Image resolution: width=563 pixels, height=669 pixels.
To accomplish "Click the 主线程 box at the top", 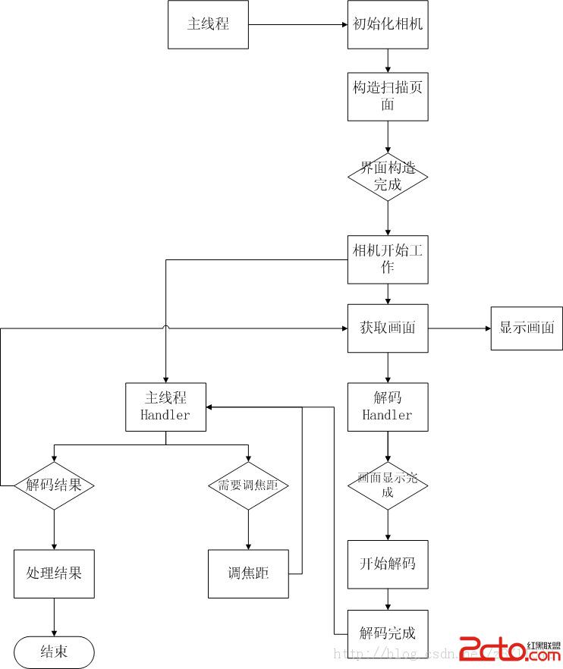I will click(x=208, y=24).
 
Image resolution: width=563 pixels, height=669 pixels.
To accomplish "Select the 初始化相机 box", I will click(x=388, y=24).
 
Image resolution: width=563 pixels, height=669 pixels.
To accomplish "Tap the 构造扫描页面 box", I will click(x=388, y=96).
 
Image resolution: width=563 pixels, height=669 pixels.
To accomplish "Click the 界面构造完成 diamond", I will click(x=388, y=177).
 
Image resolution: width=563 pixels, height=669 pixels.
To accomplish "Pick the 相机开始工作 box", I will click(x=388, y=259).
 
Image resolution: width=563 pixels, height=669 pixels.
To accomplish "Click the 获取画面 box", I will click(x=388, y=328).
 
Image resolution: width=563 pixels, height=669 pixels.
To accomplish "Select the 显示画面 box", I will click(x=527, y=328).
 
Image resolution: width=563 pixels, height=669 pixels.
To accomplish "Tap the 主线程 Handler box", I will click(x=165, y=407).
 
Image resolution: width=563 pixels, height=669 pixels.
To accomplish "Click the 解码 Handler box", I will click(x=388, y=407).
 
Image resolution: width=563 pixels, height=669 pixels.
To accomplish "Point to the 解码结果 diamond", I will click(x=54, y=485).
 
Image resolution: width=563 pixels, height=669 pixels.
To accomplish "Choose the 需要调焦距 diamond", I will click(x=248, y=485).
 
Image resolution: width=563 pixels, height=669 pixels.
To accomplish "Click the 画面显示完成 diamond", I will click(x=388, y=485).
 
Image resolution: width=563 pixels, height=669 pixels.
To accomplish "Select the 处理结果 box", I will click(x=54, y=573).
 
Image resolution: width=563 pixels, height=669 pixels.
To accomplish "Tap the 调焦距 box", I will click(x=248, y=573).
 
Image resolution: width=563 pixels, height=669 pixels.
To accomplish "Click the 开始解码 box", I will click(x=388, y=564).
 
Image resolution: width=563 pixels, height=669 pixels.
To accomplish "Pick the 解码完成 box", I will click(x=388, y=633).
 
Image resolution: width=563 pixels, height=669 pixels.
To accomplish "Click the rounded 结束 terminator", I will click(x=54, y=652).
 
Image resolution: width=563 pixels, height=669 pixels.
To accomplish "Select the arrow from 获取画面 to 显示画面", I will click(x=459, y=328).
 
